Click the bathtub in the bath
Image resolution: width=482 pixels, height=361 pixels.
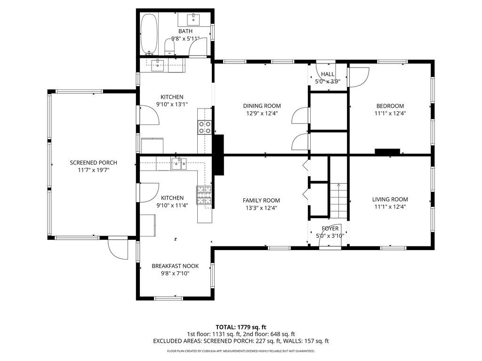149,33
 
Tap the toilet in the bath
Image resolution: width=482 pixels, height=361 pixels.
169,47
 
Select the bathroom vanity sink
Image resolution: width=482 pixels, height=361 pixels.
193,19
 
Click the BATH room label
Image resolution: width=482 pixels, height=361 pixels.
185,31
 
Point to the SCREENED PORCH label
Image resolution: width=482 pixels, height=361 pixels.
94,163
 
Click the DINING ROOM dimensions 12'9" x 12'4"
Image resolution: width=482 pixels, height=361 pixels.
262,113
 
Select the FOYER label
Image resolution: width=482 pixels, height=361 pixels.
330,228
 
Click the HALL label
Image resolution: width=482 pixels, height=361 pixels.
328,74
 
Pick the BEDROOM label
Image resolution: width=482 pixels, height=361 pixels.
390,106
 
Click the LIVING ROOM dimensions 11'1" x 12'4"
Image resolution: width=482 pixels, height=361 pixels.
390,207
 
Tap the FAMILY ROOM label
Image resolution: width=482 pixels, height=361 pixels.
261,200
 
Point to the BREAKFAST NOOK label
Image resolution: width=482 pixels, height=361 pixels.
175,266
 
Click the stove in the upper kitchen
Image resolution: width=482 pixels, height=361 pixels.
204,127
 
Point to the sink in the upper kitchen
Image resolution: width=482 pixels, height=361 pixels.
158,65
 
